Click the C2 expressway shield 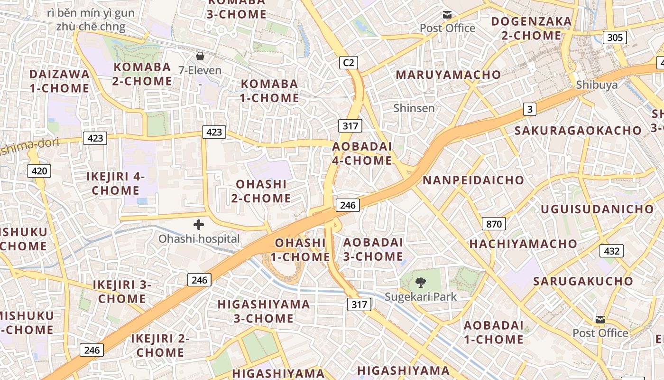coord(349,62)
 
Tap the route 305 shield coord(615,38)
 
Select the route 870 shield coord(494,224)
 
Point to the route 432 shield coord(611,251)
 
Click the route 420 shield coord(39,171)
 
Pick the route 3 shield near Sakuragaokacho coord(530,109)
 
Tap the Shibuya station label coord(597,85)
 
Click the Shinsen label coord(414,108)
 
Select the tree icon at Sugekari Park coord(420,283)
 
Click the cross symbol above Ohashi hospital coord(199,225)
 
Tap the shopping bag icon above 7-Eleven coord(200,57)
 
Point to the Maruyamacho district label coord(448,75)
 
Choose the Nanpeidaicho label coord(473,180)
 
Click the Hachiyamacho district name coord(523,244)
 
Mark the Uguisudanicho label coord(597,209)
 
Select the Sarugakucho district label coord(583,281)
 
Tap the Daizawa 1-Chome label coord(59,81)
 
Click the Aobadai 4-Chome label coord(362,153)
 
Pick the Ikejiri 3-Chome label coord(122,292)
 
